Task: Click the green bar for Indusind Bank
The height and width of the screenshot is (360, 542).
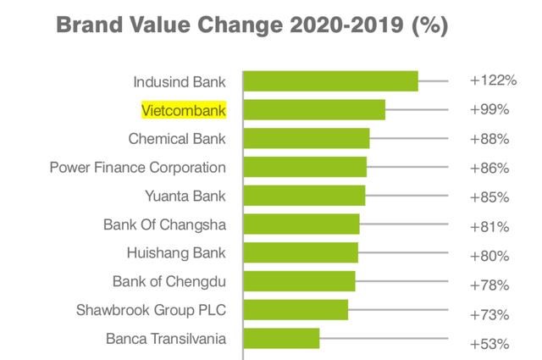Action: point(331,81)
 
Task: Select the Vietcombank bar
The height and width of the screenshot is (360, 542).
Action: point(314,110)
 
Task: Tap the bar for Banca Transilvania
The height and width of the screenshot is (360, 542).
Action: point(282,339)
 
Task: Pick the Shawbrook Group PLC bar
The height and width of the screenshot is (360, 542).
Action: point(296,310)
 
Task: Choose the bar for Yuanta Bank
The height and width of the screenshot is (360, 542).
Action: point(304,196)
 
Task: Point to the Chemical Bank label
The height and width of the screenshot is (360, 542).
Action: point(177,139)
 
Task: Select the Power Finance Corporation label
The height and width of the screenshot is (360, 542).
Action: point(138,168)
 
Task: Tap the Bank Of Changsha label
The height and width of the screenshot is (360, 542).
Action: point(164,224)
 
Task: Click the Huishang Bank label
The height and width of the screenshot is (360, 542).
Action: point(175,253)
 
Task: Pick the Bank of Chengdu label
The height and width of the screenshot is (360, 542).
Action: point(169,281)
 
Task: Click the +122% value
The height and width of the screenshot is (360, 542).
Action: point(493,81)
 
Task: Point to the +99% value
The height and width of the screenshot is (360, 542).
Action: point(489,110)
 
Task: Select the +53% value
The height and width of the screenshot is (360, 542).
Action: point(489,345)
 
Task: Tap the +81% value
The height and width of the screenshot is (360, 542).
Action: point(489,227)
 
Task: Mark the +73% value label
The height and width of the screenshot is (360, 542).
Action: point(489,315)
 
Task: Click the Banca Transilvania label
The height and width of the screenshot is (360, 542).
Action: point(166,339)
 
